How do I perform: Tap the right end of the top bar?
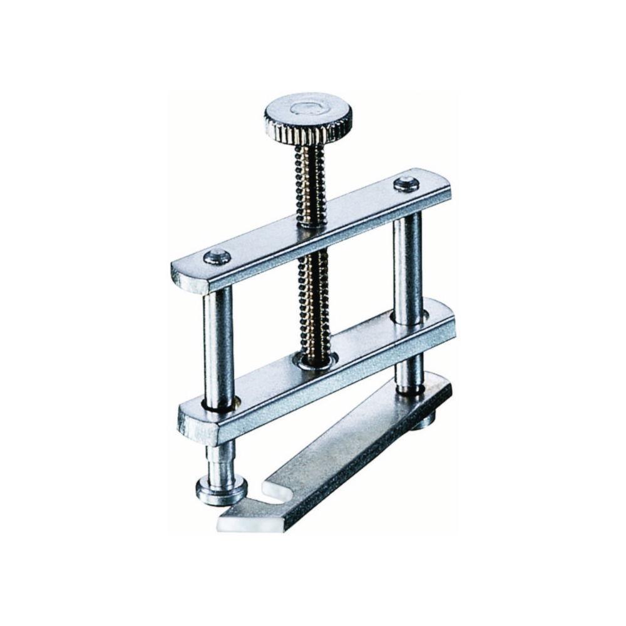441,188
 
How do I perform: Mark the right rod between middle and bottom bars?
409,369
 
